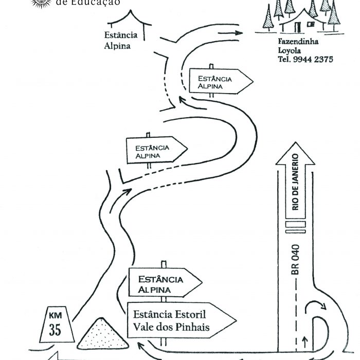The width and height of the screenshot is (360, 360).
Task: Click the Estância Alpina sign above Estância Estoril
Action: pos(164,283)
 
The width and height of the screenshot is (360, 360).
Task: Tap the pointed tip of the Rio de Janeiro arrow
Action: pos(295,151)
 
